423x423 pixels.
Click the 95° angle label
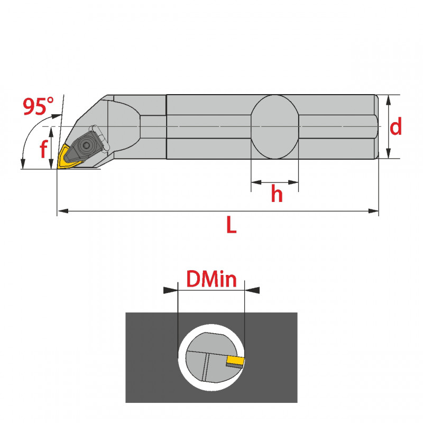pos(38,107)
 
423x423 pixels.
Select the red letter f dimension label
pos(43,150)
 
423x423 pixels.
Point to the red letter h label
pos(277,195)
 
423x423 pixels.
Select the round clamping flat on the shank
pos(275,127)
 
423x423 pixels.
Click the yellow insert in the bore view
pos(235,361)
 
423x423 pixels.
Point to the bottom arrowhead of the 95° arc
pos(23,163)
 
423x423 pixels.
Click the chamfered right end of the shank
pos(378,127)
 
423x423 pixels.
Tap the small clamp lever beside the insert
pos(99,135)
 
